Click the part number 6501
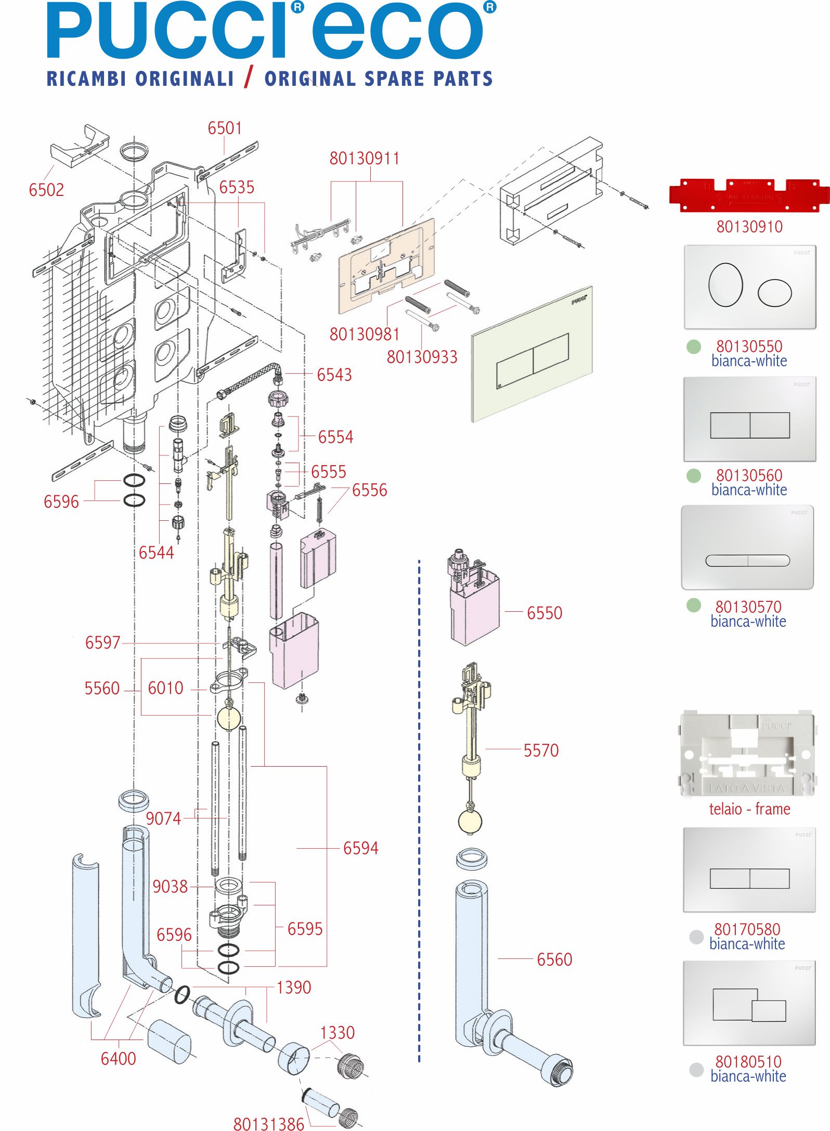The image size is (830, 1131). [x=225, y=128]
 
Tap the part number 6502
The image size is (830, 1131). [x=46, y=190]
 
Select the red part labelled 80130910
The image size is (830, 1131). [x=749, y=195]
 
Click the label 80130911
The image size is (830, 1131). [x=365, y=159]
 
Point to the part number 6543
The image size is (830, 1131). [x=334, y=375]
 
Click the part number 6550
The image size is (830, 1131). [x=544, y=613]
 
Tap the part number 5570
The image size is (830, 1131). [x=541, y=751]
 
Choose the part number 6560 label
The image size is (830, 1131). [x=554, y=959]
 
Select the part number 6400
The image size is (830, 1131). [x=118, y=1059]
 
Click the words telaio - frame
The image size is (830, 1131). [x=749, y=809]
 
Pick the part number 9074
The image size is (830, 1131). [x=163, y=819]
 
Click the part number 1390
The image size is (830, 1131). [x=294, y=988]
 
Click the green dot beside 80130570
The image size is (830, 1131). [x=693, y=605]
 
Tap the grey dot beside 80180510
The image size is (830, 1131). [x=696, y=1070]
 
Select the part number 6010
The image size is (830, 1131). [x=165, y=688]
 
